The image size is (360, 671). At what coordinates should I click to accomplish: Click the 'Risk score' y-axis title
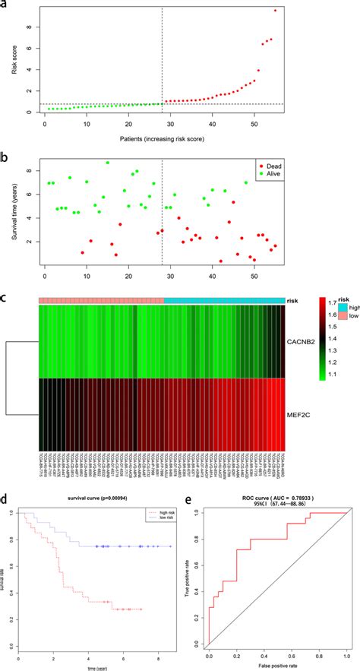click(13, 59)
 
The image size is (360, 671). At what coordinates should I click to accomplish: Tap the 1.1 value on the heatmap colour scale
click(333, 396)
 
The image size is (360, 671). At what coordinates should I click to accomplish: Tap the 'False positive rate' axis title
click(276, 664)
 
